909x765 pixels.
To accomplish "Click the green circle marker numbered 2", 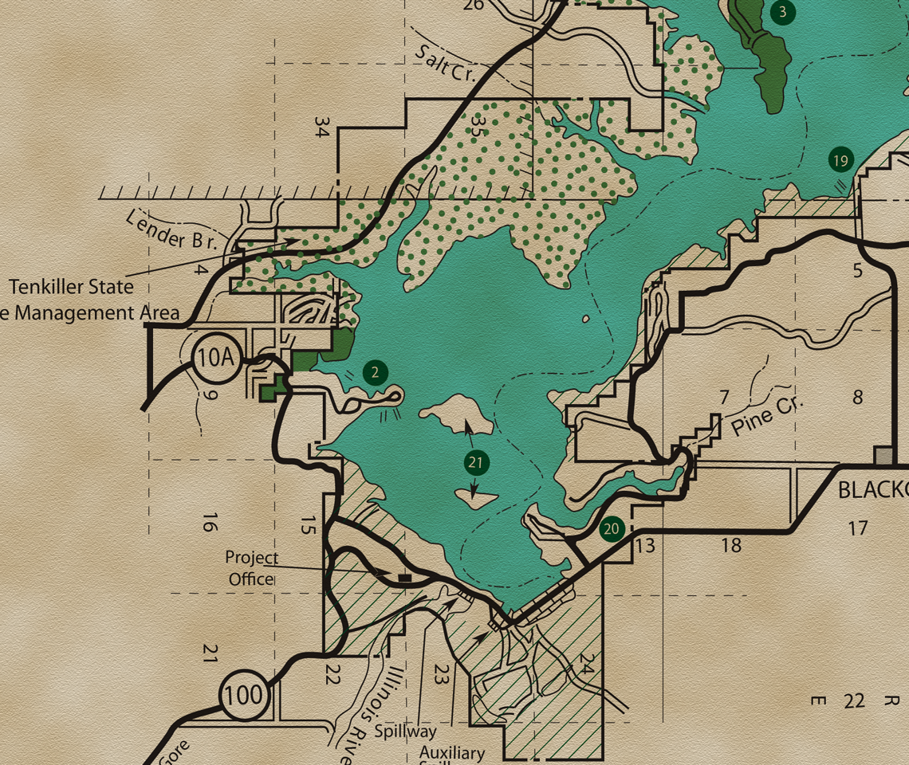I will (x=375, y=372).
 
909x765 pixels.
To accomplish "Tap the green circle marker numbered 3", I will (x=783, y=12).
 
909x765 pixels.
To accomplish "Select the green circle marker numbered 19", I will (x=840, y=160).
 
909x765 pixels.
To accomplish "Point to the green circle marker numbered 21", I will (x=476, y=462).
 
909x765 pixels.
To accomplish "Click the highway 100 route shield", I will (x=243, y=695).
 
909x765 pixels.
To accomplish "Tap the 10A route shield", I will (x=215, y=358).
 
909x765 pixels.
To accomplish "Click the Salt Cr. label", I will (x=445, y=64).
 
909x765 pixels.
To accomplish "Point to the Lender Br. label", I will (x=171, y=229).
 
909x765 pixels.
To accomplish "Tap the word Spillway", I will (x=407, y=731).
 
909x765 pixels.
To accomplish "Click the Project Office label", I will (x=252, y=568).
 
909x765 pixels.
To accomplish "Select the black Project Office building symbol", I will (x=403, y=576).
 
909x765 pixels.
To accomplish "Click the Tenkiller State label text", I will (x=71, y=286).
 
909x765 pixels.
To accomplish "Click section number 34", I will (x=321, y=127).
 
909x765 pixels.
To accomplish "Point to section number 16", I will (x=209, y=523).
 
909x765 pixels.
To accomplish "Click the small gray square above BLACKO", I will (x=884, y=456).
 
